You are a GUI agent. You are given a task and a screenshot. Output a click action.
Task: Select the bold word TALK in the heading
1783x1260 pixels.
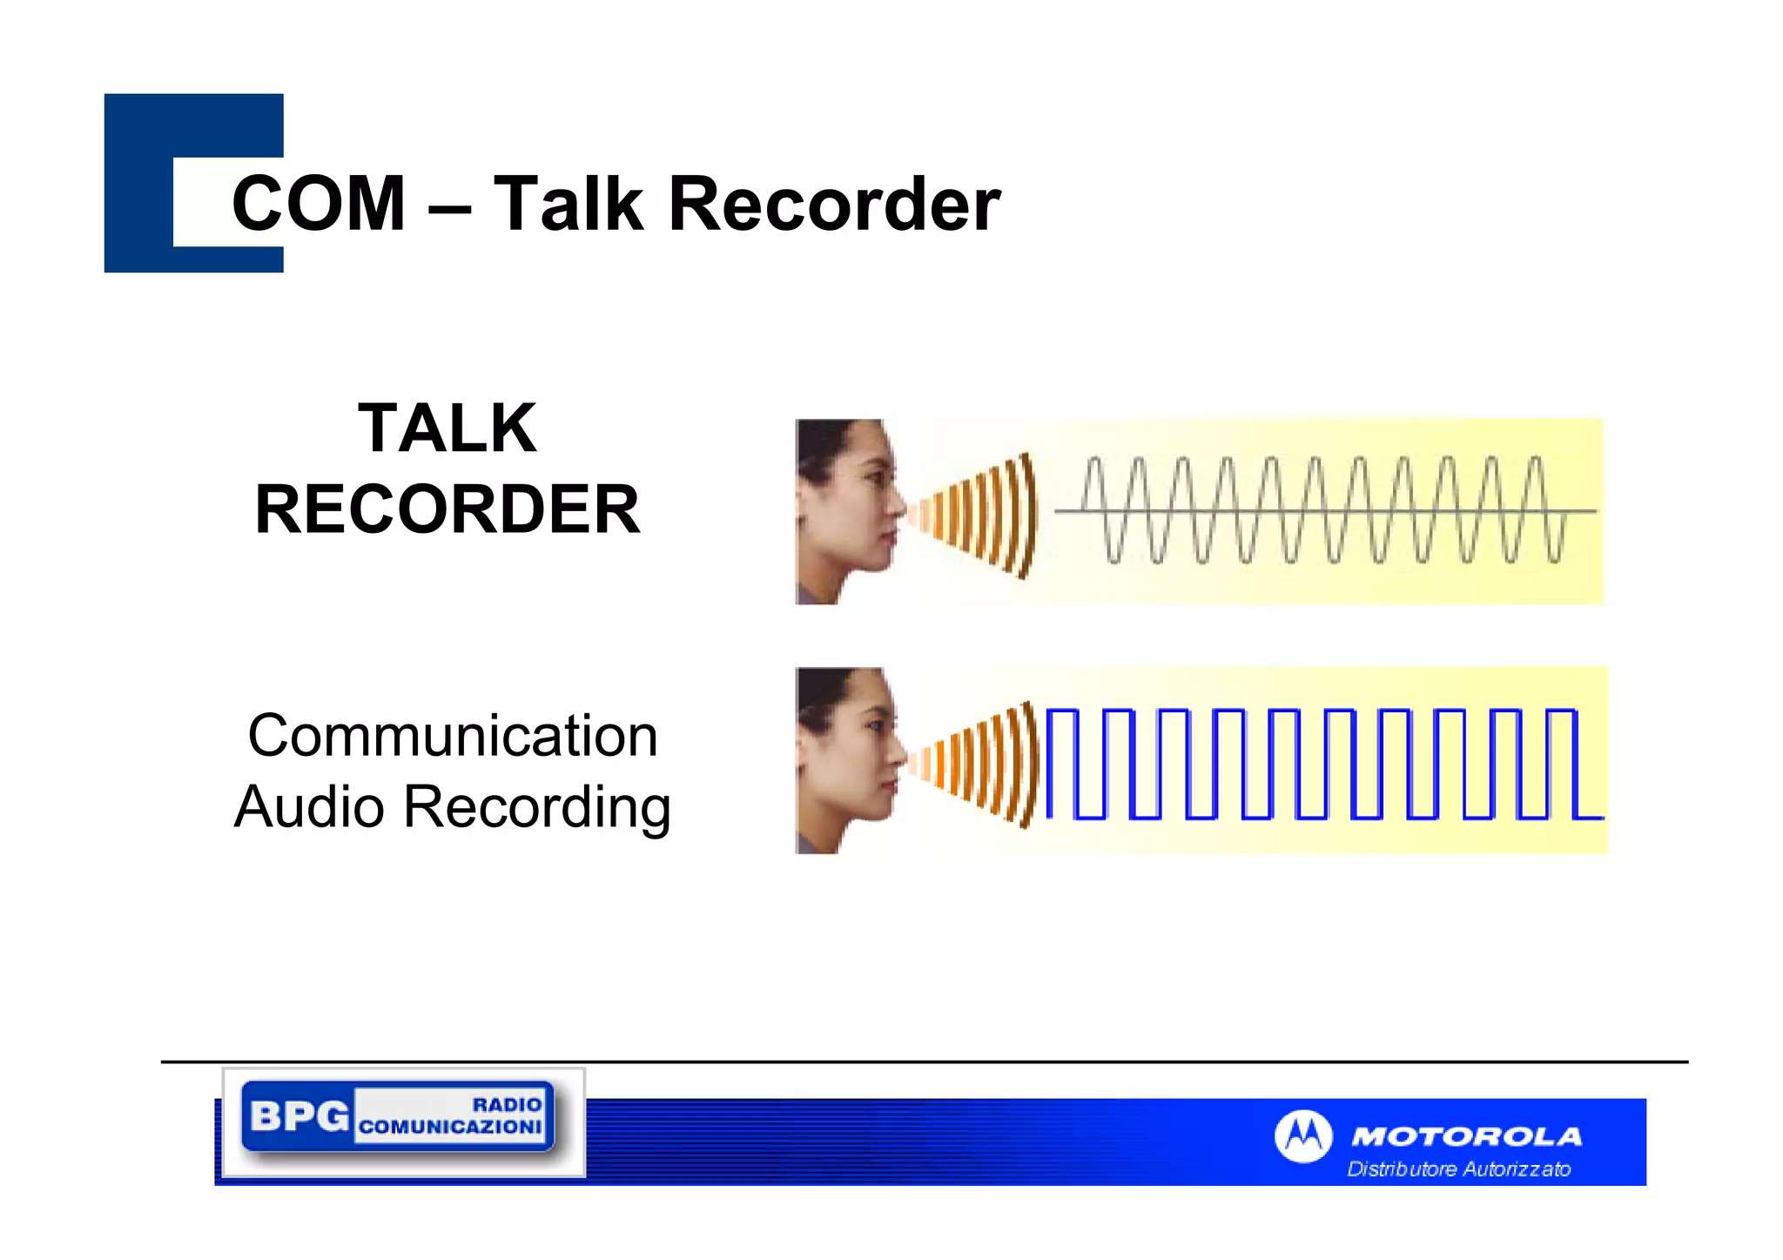pyautogui.click(x=447, y=428)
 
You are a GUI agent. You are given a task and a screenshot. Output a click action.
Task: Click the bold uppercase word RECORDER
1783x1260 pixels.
pyautogui.click(x=447, y=509)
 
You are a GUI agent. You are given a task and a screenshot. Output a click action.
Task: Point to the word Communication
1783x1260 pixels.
pyautogui.click(x=453, y=736)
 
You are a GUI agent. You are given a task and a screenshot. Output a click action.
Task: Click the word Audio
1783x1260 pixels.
pyautogui.click(x=309, y=806)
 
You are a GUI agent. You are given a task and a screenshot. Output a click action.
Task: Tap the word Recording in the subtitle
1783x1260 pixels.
pyautogui.click(x=537, y=808)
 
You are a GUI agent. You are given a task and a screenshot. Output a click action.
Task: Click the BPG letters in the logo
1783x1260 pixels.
pyautogui.click(x=299, y=1115)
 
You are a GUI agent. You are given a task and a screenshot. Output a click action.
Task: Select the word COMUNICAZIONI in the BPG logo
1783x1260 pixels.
pyautogui.click(x=450, y=1127)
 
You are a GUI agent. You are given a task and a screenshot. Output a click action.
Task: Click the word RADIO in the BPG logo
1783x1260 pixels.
pyautogui.click(x=507, y=1104)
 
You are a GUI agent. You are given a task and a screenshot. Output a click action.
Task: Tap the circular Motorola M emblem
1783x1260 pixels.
pyautogui.click(x=1302, y=1135)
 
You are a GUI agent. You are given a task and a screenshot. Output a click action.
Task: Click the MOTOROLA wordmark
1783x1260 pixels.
pyautogui.click(x=1467, y=1136)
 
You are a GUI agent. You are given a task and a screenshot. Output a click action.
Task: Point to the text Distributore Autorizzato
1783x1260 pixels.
pyautogui.click(x=1459, y=1169)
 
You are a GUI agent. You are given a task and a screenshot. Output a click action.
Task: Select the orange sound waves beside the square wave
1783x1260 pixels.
pyautogui.click(x=979, y=765)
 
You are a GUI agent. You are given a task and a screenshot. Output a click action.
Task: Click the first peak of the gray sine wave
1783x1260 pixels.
pyautogui.click(x=1093, y=462)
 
